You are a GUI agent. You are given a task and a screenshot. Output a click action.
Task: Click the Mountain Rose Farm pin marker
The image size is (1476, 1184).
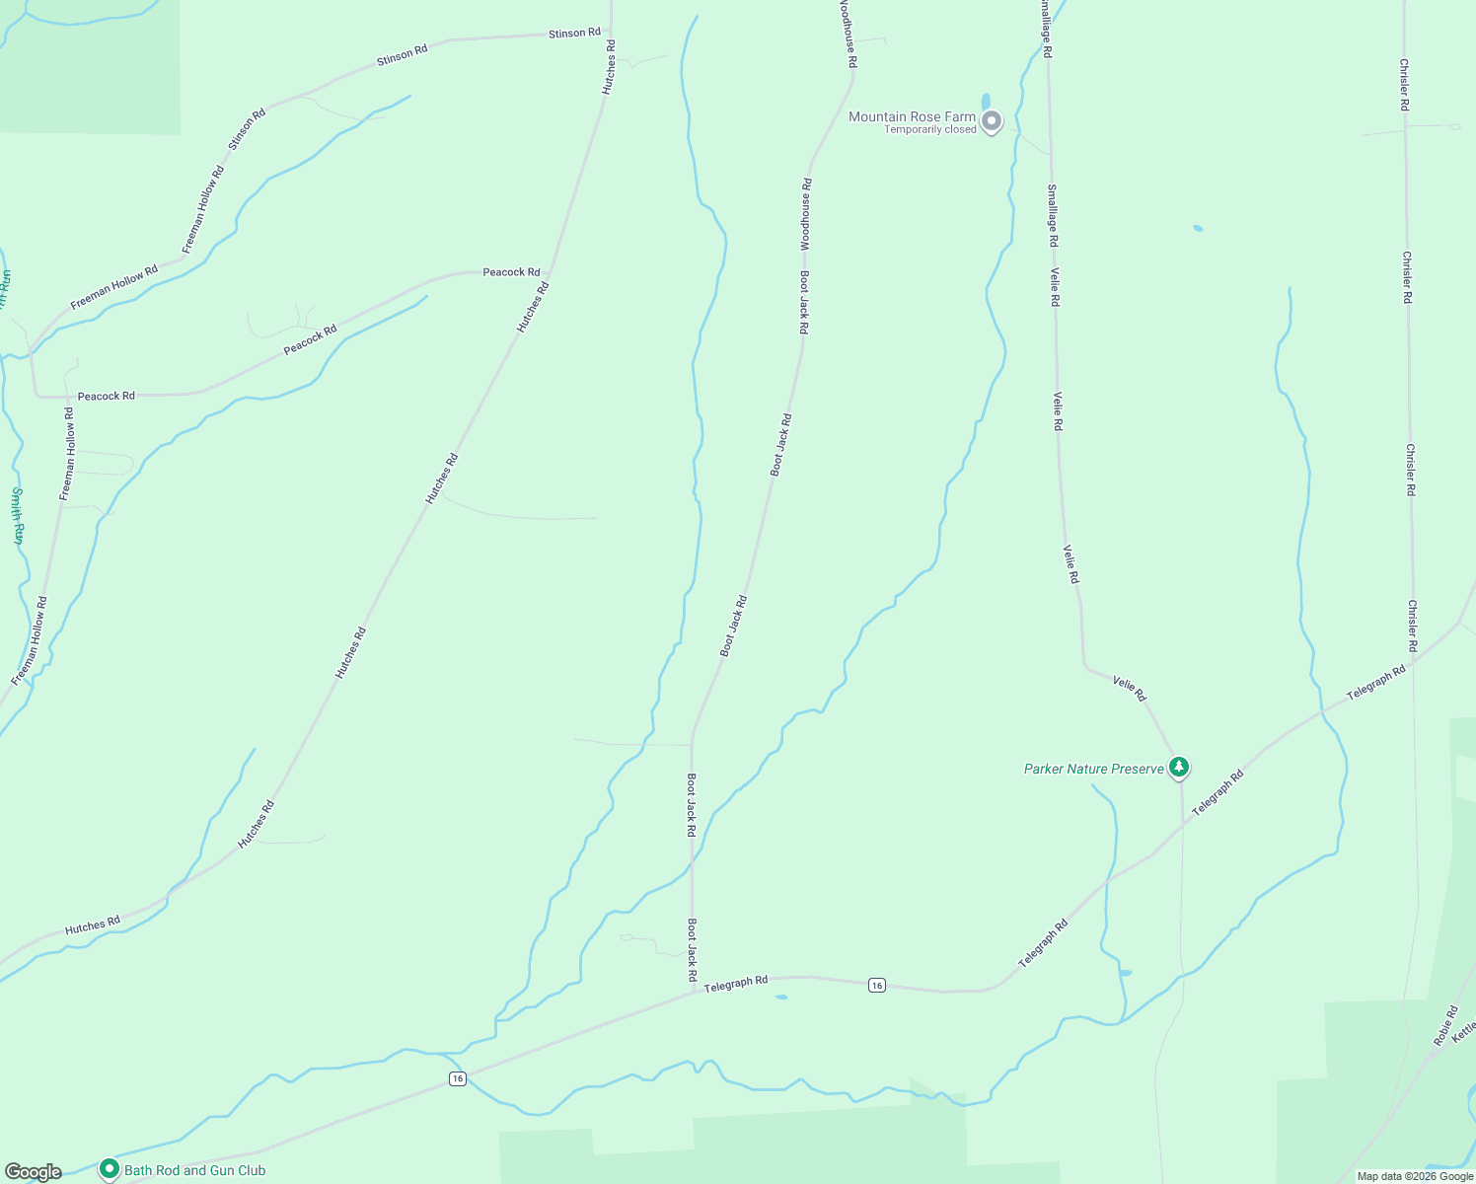tap(993, 121)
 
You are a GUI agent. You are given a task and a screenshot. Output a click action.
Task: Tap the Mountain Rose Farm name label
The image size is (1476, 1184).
tap(912, 116)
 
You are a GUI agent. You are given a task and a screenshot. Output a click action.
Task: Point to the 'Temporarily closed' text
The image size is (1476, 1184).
tap(929, 130)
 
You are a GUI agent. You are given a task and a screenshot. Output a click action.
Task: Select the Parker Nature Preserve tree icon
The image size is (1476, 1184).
tap(1179, 767)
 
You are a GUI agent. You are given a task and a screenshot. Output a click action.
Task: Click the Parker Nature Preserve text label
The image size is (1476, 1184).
tap(1093, 769)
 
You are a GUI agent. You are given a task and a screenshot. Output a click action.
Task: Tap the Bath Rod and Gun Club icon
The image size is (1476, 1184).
tap(109, 1169)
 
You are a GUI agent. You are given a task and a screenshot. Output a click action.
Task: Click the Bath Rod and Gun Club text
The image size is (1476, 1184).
tap(195, 1170)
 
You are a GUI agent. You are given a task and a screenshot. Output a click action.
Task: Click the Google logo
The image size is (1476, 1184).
tap(33, 1172)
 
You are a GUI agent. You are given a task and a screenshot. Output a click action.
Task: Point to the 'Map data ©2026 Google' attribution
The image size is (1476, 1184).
tap(1415, 1176)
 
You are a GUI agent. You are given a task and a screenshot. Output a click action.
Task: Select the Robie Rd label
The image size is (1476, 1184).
tap(1445, 1026)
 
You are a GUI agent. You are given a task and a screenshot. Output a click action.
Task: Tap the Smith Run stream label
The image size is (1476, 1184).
tap(17, 516)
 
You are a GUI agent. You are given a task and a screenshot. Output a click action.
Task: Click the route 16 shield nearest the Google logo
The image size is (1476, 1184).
tap(457, 1078)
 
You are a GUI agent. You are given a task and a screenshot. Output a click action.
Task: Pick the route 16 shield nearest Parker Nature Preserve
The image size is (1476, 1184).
tap(876, 985)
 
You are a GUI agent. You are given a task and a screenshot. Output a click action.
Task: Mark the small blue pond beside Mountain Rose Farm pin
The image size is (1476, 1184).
tap(985, 102)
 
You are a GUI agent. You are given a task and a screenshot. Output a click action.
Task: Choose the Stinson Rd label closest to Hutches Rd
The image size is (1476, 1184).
tap(574, 34)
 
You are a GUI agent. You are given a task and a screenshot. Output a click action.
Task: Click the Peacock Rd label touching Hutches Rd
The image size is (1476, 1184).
tap(511, 272)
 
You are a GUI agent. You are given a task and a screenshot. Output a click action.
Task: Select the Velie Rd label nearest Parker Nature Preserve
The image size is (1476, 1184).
tap(1130, 688)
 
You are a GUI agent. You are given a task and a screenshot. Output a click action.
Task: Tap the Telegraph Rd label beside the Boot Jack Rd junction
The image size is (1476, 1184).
tap(736, 983)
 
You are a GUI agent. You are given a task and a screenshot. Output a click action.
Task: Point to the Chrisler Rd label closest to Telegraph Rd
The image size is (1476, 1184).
tap(1413, 626)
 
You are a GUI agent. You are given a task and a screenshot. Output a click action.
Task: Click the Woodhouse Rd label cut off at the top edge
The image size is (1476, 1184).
tap(848, 33)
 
